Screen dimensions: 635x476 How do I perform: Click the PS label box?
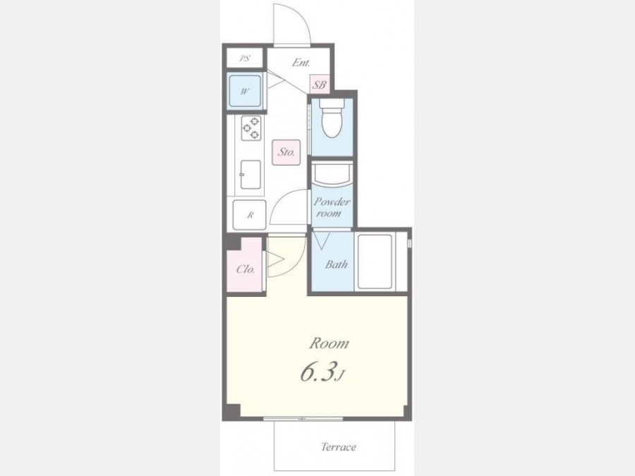click(245, 58)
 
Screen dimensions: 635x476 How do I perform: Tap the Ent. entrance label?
click(301, 63)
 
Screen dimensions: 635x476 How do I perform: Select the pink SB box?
click(319, 85)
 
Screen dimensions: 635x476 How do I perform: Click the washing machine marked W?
click(245, 91)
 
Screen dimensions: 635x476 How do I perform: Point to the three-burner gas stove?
click(251, 128)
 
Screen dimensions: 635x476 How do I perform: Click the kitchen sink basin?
click(250, 174)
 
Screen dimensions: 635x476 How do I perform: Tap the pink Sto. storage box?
click(286, 152)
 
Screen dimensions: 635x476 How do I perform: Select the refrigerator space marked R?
click(250, 215)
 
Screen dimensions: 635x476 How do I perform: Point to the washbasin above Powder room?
click(332, 174)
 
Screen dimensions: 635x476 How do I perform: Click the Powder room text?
click(332, 207)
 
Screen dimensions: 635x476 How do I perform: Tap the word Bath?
click(336, 264)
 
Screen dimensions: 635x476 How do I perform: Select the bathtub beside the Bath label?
click(375, 262)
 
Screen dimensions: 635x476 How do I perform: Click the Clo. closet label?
click(246, 269)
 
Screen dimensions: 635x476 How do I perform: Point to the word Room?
click(329, 343)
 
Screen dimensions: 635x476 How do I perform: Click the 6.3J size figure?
click(322, 373)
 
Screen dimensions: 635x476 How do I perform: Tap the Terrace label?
click(339, 447)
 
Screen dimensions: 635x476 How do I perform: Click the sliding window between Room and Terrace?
click(303, 419)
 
